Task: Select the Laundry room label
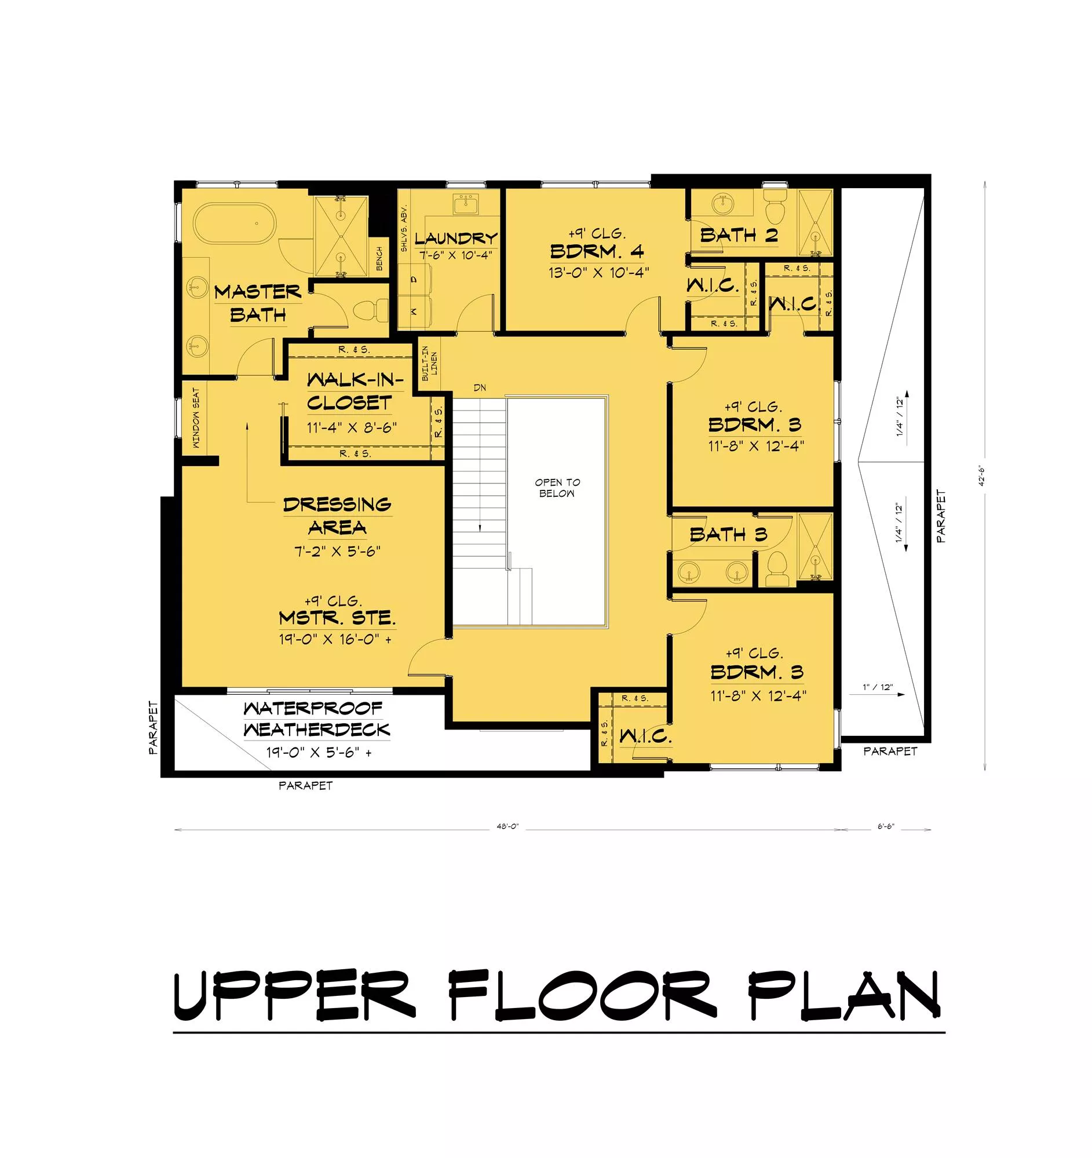(x=456, y=238)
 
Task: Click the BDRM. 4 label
(x=597, y=252)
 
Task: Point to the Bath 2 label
(x=739, y=235)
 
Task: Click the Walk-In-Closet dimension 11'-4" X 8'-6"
(x=352, y=427)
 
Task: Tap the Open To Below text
(x=558, y=488)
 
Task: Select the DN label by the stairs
(x=480, y=387)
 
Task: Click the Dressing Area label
(x=337, y=516)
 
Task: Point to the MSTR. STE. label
(x=337, y=617)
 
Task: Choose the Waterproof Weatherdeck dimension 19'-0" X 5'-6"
(x=319, y=752)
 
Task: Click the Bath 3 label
(x=728, y=535)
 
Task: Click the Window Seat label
(x=196, y=418)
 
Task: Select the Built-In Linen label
(x=429, y=364)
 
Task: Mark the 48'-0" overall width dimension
(x=507, y=827)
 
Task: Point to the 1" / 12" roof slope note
(x=878, y=687)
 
